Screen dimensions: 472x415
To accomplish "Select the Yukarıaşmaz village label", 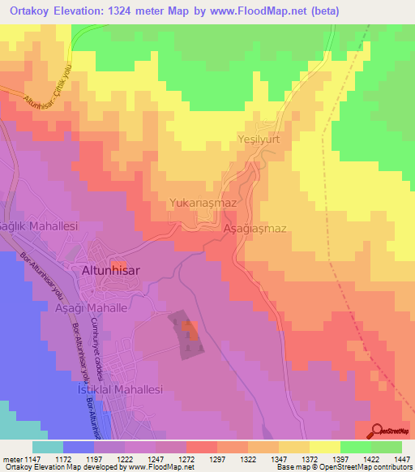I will click(203, 203).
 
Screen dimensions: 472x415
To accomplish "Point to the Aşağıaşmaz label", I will click(255, 229).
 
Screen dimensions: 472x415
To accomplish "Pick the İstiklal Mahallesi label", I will click(119, 389).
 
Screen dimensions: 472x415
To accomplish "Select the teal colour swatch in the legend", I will click(47, 447).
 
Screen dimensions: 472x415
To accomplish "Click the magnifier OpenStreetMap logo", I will click(377, 431).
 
